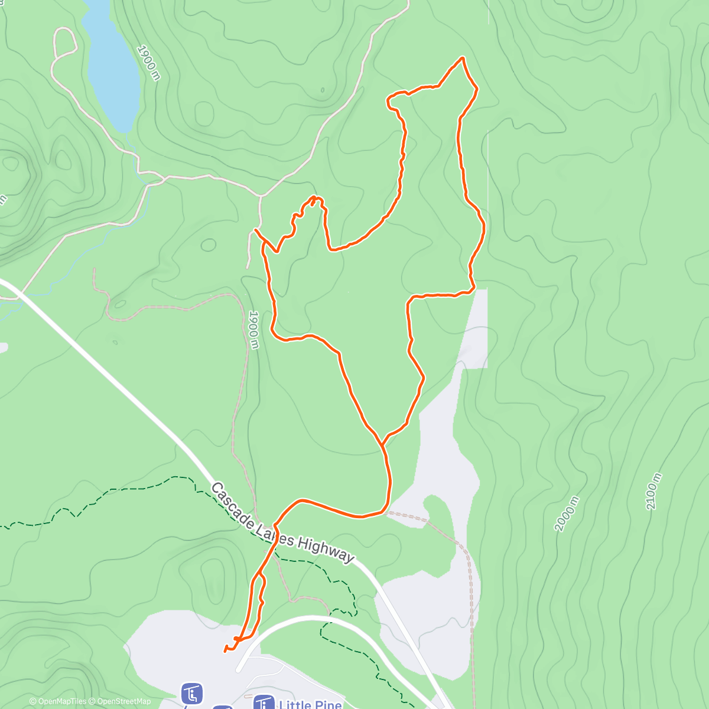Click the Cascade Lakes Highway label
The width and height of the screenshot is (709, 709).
tap(282, 523)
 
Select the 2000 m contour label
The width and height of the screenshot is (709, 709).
tap(567, 514)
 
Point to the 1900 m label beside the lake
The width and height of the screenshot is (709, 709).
tap(148, 63)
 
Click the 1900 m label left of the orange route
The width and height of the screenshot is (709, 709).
tap(253, 330)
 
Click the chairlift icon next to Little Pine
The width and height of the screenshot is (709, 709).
tap(264, 703)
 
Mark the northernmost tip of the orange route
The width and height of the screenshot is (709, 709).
tap(463, 58)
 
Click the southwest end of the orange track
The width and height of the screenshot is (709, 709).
tap(225, 651)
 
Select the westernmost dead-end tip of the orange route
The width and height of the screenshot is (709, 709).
tap(255, 229)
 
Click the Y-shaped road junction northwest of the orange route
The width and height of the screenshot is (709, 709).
tap(261, 196)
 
